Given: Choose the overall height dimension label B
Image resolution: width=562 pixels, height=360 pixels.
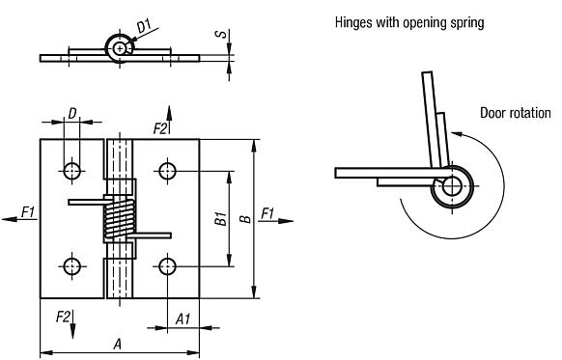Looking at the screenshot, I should (245, 219).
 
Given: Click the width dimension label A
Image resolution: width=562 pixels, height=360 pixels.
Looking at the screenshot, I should (118, 342).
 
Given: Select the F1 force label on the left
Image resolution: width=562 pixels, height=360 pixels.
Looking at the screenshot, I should (27, 211).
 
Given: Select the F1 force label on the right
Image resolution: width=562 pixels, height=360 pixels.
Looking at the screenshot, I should (267, 211).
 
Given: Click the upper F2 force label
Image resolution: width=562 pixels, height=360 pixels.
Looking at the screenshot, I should (159, 126).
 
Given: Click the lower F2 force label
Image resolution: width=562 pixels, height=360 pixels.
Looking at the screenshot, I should (63, 317).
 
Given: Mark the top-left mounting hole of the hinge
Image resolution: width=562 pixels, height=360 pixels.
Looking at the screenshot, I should (72, 172).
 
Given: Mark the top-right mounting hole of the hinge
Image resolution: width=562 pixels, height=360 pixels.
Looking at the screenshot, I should (167, 172).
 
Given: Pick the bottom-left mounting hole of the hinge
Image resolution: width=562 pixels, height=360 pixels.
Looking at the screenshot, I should (72, 265).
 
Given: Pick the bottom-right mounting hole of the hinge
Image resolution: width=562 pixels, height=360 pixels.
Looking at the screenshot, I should (167, 265).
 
